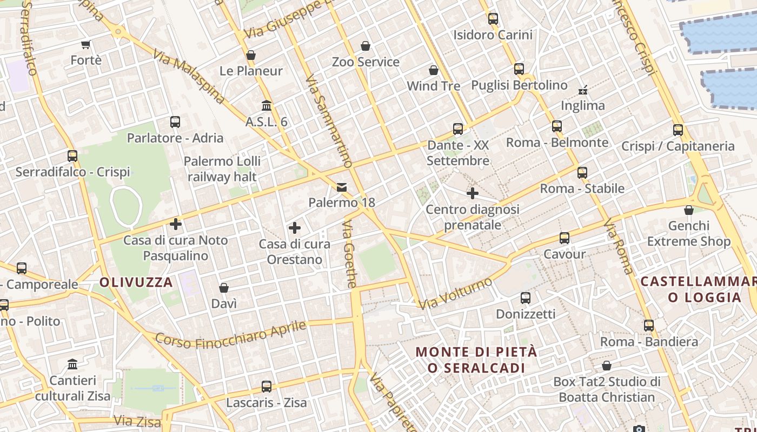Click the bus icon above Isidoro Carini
[x=493, y=19]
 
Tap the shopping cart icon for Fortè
[x=85, y=44]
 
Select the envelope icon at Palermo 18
[x=342, y=187]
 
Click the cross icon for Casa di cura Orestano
[x=295, y=228]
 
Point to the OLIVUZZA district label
[x=136, y=282]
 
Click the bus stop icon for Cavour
[x=565, y=238]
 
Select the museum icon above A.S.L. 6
[x=266, y=105]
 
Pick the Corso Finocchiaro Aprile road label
[x=231, y=334]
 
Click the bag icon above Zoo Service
[x=366, y=46]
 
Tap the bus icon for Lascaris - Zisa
[x=266, y=387]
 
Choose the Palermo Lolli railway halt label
[x=222, y=168]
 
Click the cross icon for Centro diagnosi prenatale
[x=473, y=193]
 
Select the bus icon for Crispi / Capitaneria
[x=678, y=130]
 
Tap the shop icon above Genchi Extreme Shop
[x=689, y=210]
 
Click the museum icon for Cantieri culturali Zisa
[x=72, y=364]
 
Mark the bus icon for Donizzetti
[x=525, y=298]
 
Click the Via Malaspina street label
[x=189, y=76]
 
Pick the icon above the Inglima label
[x=582, y=90]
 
